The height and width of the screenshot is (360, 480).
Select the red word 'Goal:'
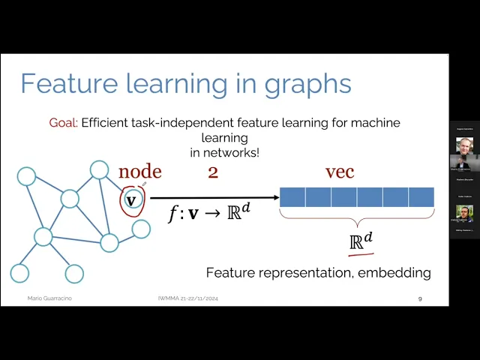[63, 122]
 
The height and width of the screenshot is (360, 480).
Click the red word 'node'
[139, 172]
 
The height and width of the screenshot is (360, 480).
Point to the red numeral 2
[213, 172]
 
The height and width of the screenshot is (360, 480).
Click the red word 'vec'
[340, 172]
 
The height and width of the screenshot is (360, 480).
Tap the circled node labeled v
[131, 199]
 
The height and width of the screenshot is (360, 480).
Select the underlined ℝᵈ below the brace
[361, 242]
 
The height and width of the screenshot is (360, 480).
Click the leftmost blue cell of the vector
[292, 197]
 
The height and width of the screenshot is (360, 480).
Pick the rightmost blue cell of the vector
[421, 197]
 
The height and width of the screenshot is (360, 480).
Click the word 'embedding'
[395, 272]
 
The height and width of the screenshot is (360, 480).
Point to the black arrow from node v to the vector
[213, 198]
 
